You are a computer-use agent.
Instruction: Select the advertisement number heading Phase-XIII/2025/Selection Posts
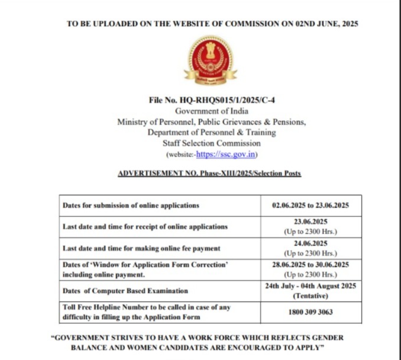tap(209, 173)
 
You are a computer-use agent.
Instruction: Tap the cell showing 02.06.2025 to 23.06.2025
tap(311, 205)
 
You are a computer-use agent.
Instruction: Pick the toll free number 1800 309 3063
tap(311, 311)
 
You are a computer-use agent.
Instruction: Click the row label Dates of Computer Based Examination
tap(125, 291)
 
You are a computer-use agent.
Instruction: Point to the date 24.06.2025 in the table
tap(311, 242)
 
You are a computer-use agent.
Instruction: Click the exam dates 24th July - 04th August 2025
tap(311, 285)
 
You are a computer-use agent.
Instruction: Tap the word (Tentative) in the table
tap(311, 295)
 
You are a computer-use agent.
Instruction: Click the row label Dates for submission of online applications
tap(131, 205)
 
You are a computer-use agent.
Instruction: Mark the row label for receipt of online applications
tap(144, 227)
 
